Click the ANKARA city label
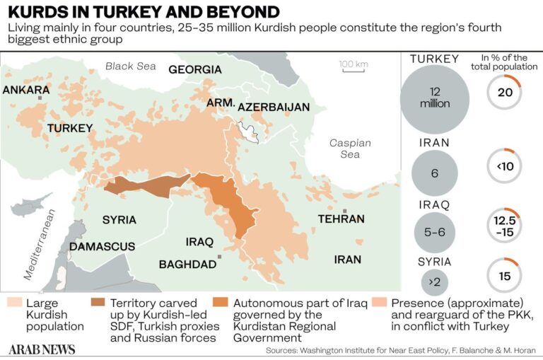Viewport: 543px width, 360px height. click(26, 90)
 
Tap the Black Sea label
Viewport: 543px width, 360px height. click(129, 66)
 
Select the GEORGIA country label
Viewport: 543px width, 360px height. click(194, 69)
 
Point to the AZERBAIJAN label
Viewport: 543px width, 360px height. click(274, 107)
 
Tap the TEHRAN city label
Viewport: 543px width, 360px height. click(341, 219)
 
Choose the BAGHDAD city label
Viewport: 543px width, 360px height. click(187, 264)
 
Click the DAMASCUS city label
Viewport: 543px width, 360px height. click(102, 246)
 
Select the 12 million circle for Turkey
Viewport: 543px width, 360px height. click(434, 98)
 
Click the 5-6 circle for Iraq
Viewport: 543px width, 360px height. click(434, 231)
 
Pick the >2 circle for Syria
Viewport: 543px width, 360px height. click(434, 281)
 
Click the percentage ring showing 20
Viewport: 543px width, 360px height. click(504, 92)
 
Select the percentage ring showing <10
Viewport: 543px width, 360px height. click(504, 167)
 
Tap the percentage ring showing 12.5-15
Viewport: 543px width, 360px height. click(504, 226)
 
